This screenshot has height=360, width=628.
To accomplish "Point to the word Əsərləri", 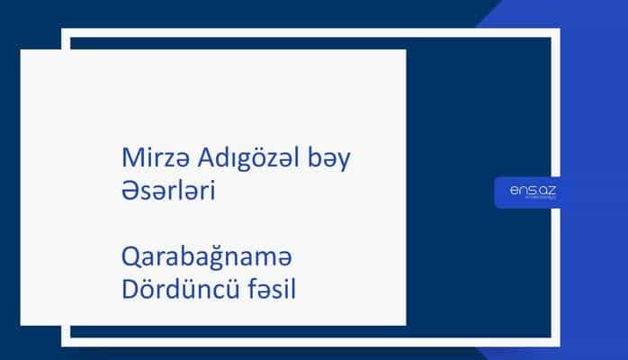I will (x=166, y=193).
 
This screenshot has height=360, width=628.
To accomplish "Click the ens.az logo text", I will (x=526, y=188).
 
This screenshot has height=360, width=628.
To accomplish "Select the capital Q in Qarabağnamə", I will (x=129, y=259).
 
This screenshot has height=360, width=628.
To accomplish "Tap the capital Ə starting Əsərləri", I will (x=128, y=193).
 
